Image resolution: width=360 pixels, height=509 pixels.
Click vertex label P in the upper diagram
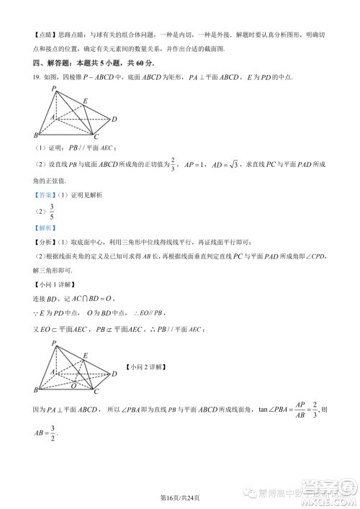pos(54,89)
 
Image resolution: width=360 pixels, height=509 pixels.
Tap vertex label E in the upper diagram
pos(85,101)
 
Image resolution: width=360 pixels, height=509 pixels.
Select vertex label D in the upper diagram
pos(114,119)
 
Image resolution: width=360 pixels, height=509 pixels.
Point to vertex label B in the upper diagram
pos(36,136)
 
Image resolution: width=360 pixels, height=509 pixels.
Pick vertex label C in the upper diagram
pos(96,136)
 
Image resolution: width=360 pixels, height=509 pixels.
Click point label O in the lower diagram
pos(73,385)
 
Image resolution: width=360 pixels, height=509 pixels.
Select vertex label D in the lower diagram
pos(114,373)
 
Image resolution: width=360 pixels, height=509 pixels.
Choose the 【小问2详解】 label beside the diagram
pos(147,367)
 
